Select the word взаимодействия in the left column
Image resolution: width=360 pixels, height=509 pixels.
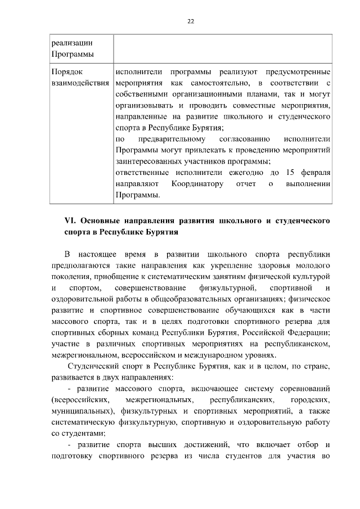[80, 83]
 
